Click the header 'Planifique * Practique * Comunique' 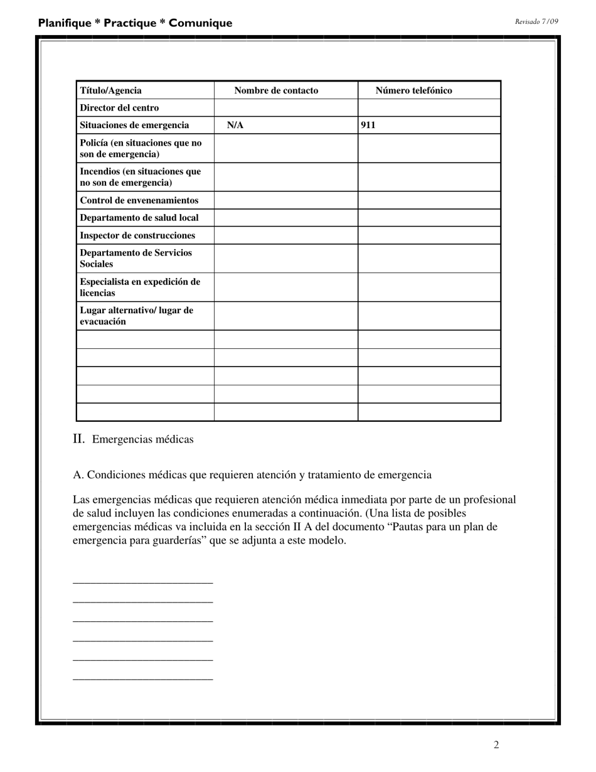(135, 23)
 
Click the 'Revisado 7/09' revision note (536, 21)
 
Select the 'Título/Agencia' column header (110, 90)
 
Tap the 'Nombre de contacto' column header (276, 90)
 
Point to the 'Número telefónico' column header (413, 90)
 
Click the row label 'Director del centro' (119, 108)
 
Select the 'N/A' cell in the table (235, 126)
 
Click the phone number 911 (368, 126)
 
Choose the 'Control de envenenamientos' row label (139, 200)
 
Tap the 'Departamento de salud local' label (139, 218)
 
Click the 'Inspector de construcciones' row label (137, 235)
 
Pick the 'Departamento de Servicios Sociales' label (136, 259)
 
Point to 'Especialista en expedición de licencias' (140, 287)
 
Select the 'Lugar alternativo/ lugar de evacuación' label (136, 316)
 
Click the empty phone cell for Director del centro (429, 108)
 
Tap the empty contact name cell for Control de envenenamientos (285, 200)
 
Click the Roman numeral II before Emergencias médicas (78, 439)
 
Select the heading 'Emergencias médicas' (142, 439)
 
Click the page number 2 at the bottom (496, 745)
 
